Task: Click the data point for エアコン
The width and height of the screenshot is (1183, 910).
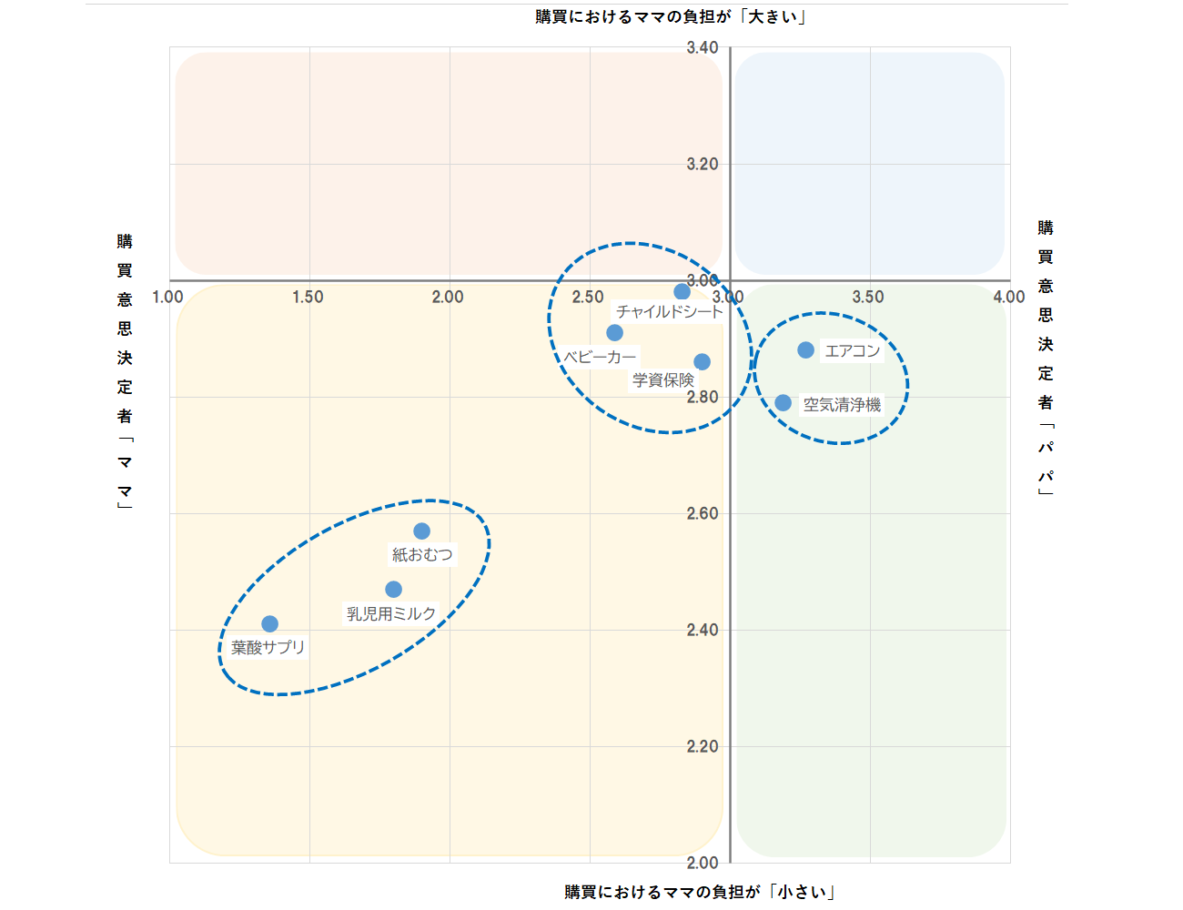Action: click(x=805, y=350)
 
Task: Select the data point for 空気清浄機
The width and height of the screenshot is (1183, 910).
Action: click(x=783, y=402)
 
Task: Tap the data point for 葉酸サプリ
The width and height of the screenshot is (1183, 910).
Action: click(x=269, y=624)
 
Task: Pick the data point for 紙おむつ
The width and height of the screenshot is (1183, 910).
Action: click(x=421, y=531)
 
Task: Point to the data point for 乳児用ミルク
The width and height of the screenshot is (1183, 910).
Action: click(x=393, y=590)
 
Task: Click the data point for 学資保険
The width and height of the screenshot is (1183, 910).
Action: click(x=702, y=362)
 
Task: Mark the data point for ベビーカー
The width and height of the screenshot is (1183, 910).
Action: click(x=614, y=333)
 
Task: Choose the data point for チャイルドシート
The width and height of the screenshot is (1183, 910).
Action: click(x=682, y=292)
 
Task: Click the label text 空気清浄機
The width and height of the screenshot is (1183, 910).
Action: click(x=842, y=405)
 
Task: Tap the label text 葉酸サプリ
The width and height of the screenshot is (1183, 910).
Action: click(x=268, y=648)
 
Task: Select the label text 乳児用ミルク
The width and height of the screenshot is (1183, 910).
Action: click(x=391, y=614)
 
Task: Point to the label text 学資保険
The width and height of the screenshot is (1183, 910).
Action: click(x=663, y=380)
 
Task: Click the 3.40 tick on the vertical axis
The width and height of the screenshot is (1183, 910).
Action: click(x=703, y=48)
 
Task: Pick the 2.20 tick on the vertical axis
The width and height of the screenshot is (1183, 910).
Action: click(x=703, y=747)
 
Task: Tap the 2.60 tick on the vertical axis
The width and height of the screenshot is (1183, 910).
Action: click(x=703, y=514)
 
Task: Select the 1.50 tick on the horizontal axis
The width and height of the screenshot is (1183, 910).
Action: click(x=308, y=298)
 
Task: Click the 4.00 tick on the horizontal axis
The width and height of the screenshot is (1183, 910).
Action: click(x=1009, y=298)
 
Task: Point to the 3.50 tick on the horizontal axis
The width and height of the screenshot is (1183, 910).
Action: click(x=868, y=298)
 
